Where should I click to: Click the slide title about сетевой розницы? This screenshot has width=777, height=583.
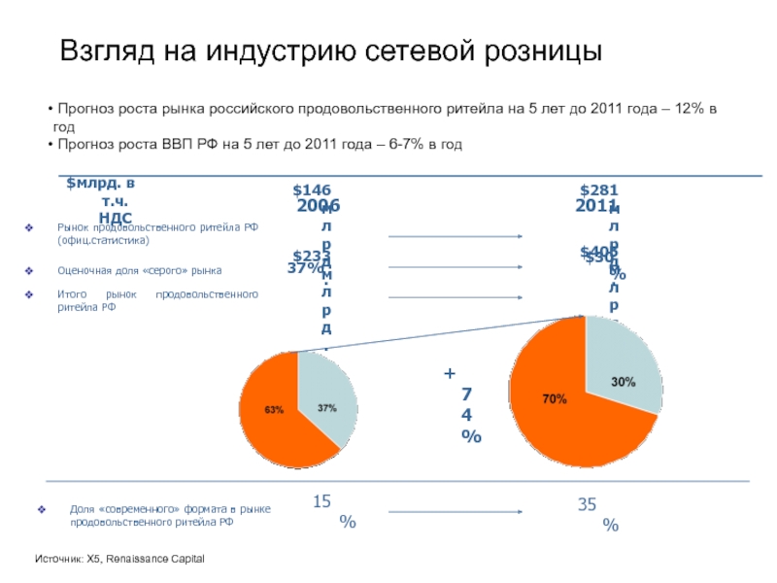point(331,52)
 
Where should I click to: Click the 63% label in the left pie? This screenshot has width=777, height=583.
point(275,409)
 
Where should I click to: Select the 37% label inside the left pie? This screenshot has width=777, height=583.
point(326,407)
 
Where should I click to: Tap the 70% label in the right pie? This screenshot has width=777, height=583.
point(555,398)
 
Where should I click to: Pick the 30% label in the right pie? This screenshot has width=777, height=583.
point(623,382)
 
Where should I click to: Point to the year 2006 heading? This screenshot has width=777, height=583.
point(318,207)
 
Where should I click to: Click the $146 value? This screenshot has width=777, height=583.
point(312,190)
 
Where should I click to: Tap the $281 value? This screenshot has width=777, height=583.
point(598,190)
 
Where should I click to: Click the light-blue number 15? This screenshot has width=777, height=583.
point(322,501)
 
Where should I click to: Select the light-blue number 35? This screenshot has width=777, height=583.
point(588,503)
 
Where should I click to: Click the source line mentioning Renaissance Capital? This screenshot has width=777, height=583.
point(119,560)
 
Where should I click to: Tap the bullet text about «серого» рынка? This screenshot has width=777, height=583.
point(140,270)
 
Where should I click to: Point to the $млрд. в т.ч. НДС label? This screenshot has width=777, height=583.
point(100,200)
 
